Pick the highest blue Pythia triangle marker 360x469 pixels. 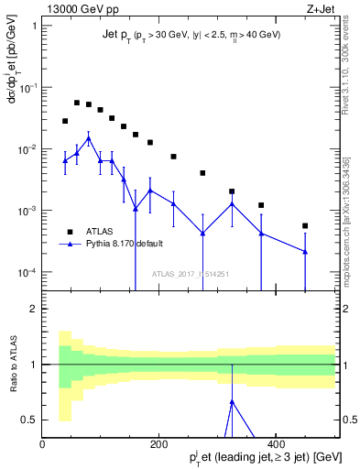(88, 138)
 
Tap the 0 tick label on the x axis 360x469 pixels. (42, 445)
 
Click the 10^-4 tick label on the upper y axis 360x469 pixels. (27, 272)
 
